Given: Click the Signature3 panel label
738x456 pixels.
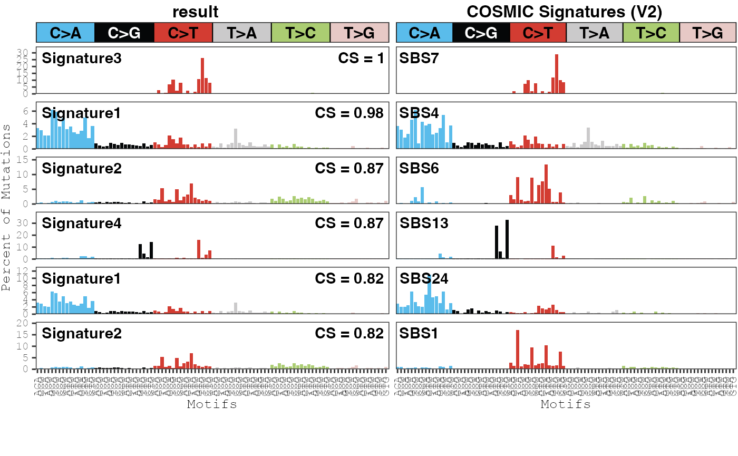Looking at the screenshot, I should [x=82, y=58].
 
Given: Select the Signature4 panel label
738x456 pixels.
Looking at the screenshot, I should [x=82, y=223].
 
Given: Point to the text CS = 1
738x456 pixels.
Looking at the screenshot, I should [x=361, y=58].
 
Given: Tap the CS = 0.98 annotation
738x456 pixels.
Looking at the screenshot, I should [x=349, y=113].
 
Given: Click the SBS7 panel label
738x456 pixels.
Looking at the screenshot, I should [x=419, y=58].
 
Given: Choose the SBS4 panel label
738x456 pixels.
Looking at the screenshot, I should [x=419, y=113].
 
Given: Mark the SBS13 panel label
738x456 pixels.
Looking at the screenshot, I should [x=424, y=223].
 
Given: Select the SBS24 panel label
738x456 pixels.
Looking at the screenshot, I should [x=424, y=278].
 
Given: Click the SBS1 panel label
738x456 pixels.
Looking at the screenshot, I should [x=419, y=333].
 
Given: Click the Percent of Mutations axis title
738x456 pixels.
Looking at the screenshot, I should [x=6, y=208].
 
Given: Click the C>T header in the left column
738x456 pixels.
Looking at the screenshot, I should [x=183, y=33].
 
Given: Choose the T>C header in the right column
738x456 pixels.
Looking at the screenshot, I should [x=651, y=33].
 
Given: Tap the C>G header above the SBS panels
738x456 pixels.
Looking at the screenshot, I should [x=481, y=33].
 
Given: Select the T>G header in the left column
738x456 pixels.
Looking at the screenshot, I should [x=359, y=33].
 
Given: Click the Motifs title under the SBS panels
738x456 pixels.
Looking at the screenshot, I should [x=566, y=404].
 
